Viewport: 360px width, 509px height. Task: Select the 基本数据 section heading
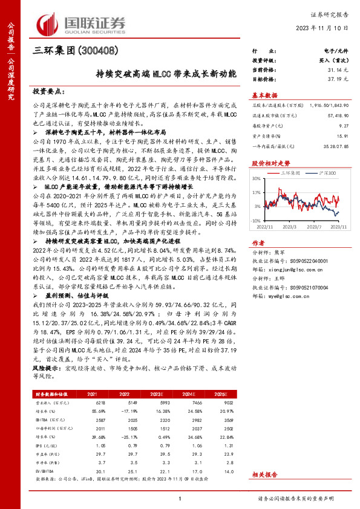[x=264, y=95]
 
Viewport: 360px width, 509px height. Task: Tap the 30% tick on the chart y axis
[x=257, y=179]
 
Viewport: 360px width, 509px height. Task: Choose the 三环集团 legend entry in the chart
[x=292, y=173]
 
